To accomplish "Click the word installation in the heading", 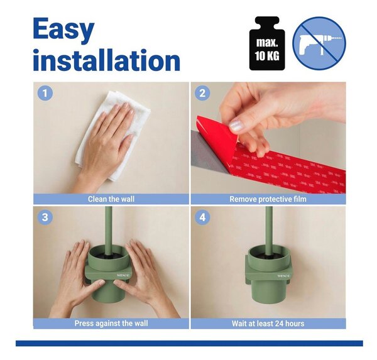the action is click(x=107, y=60).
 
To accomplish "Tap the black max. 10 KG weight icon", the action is click(x=267, y=43).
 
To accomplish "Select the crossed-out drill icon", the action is click(x=319, y=43).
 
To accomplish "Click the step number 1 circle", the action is click(x=45, y=93).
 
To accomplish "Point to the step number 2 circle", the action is click(x=202, y=93).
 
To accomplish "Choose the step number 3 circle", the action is click(x=45, y=217).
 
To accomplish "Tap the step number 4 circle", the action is click(x=202, y=217).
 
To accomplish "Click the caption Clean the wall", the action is click(x=111, y=199).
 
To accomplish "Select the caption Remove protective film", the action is click(x=268, y=199).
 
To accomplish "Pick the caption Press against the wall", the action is click(x=111, y=323).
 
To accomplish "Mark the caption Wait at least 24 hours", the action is click(x=268, y=324).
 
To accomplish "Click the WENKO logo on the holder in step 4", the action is click(x=284, y=276).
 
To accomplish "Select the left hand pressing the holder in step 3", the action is click(x=77, y=276).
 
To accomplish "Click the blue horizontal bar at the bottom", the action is click(x=189, y=344).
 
